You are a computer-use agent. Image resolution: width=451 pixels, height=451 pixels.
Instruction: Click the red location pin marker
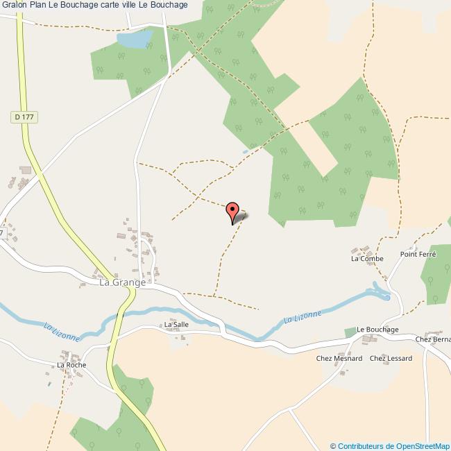pos(234,210)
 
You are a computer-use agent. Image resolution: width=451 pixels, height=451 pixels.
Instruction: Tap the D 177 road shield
pos(23,118)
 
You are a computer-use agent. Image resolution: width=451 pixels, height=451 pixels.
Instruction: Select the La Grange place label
pos(123,282)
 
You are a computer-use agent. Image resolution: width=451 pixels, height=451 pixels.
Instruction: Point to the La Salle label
pos(176,324)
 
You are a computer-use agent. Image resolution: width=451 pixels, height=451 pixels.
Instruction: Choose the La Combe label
pos(367,259)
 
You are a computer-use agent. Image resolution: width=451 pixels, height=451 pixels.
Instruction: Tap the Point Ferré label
pos(418,255)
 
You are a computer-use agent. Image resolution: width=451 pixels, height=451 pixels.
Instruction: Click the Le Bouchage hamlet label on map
pos(377,329)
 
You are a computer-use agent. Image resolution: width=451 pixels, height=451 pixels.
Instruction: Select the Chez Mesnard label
pos(339,358)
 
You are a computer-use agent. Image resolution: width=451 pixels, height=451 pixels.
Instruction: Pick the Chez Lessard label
pos(391,358)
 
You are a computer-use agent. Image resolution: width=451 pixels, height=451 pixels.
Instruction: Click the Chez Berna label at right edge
pos(433,339)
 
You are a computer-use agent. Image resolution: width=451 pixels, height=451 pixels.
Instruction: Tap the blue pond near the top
pos(135,41)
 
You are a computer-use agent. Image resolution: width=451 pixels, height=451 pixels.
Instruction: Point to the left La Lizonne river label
pos(62,331)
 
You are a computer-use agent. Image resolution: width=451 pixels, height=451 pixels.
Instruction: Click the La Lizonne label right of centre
pos(303,318)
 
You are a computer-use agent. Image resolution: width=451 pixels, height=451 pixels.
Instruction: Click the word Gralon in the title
pos(14,5)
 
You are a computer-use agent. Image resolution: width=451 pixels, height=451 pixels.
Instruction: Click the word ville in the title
pos(137,5)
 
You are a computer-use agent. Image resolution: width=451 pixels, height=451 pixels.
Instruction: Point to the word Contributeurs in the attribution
pos(360,445)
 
